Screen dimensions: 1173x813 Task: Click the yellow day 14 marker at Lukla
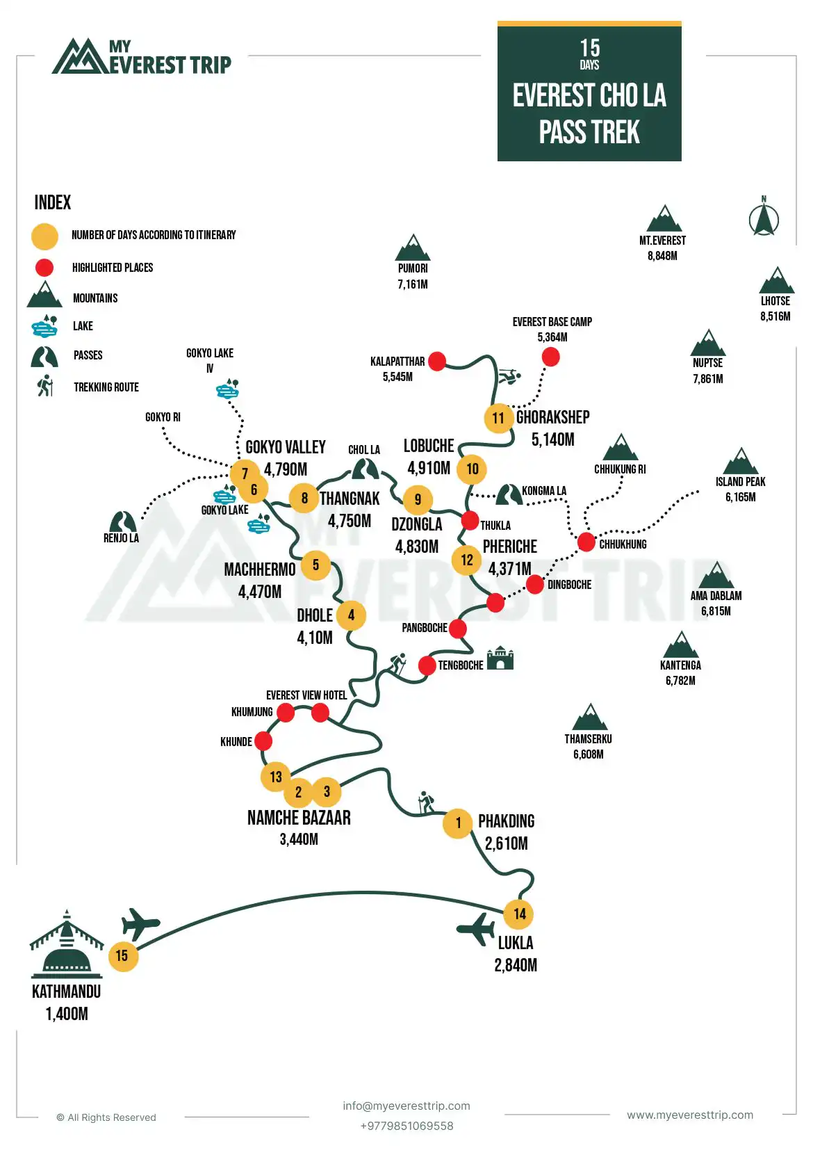(520, 914)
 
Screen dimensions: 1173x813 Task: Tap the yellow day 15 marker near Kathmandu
(122, 956)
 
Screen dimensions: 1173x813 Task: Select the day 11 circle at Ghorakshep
(498, 418)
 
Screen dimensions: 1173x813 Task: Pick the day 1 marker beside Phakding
(458, 823)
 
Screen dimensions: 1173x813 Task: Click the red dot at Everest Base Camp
(550, 357)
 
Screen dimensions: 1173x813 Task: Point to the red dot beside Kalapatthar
(437, 361)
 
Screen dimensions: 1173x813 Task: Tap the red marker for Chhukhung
(586, 541)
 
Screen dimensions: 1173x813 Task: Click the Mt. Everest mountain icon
(664, 219)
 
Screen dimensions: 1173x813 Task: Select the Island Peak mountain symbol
(741, 462)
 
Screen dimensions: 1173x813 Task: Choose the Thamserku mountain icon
(590, 718)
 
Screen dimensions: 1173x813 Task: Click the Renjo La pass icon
(122, 521)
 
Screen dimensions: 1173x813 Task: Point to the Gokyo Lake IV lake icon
(228, 389)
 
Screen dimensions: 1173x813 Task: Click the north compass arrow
(764, 219)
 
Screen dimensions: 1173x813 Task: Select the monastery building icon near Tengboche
(500, 658)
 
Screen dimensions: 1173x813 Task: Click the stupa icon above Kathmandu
(67, 942)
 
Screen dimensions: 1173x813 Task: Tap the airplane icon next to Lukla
(477, 929)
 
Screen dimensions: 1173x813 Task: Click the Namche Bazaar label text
(299, 818)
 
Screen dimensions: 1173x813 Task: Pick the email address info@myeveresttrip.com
(406, 1106)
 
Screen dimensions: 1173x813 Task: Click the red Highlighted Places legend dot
(44, 268)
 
